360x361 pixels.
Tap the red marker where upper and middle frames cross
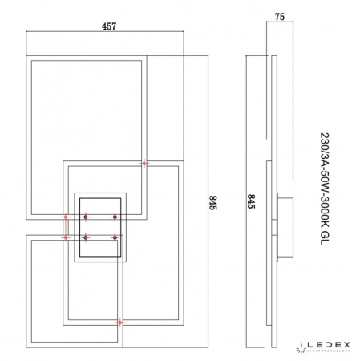coord(144,164)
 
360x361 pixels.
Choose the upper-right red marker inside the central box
coord(115,217)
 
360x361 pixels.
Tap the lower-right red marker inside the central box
coord(115,237)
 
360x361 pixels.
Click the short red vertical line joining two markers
coord(67,227)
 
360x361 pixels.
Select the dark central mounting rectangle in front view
coord(99,227)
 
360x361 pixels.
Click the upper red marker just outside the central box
coord(67,217)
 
